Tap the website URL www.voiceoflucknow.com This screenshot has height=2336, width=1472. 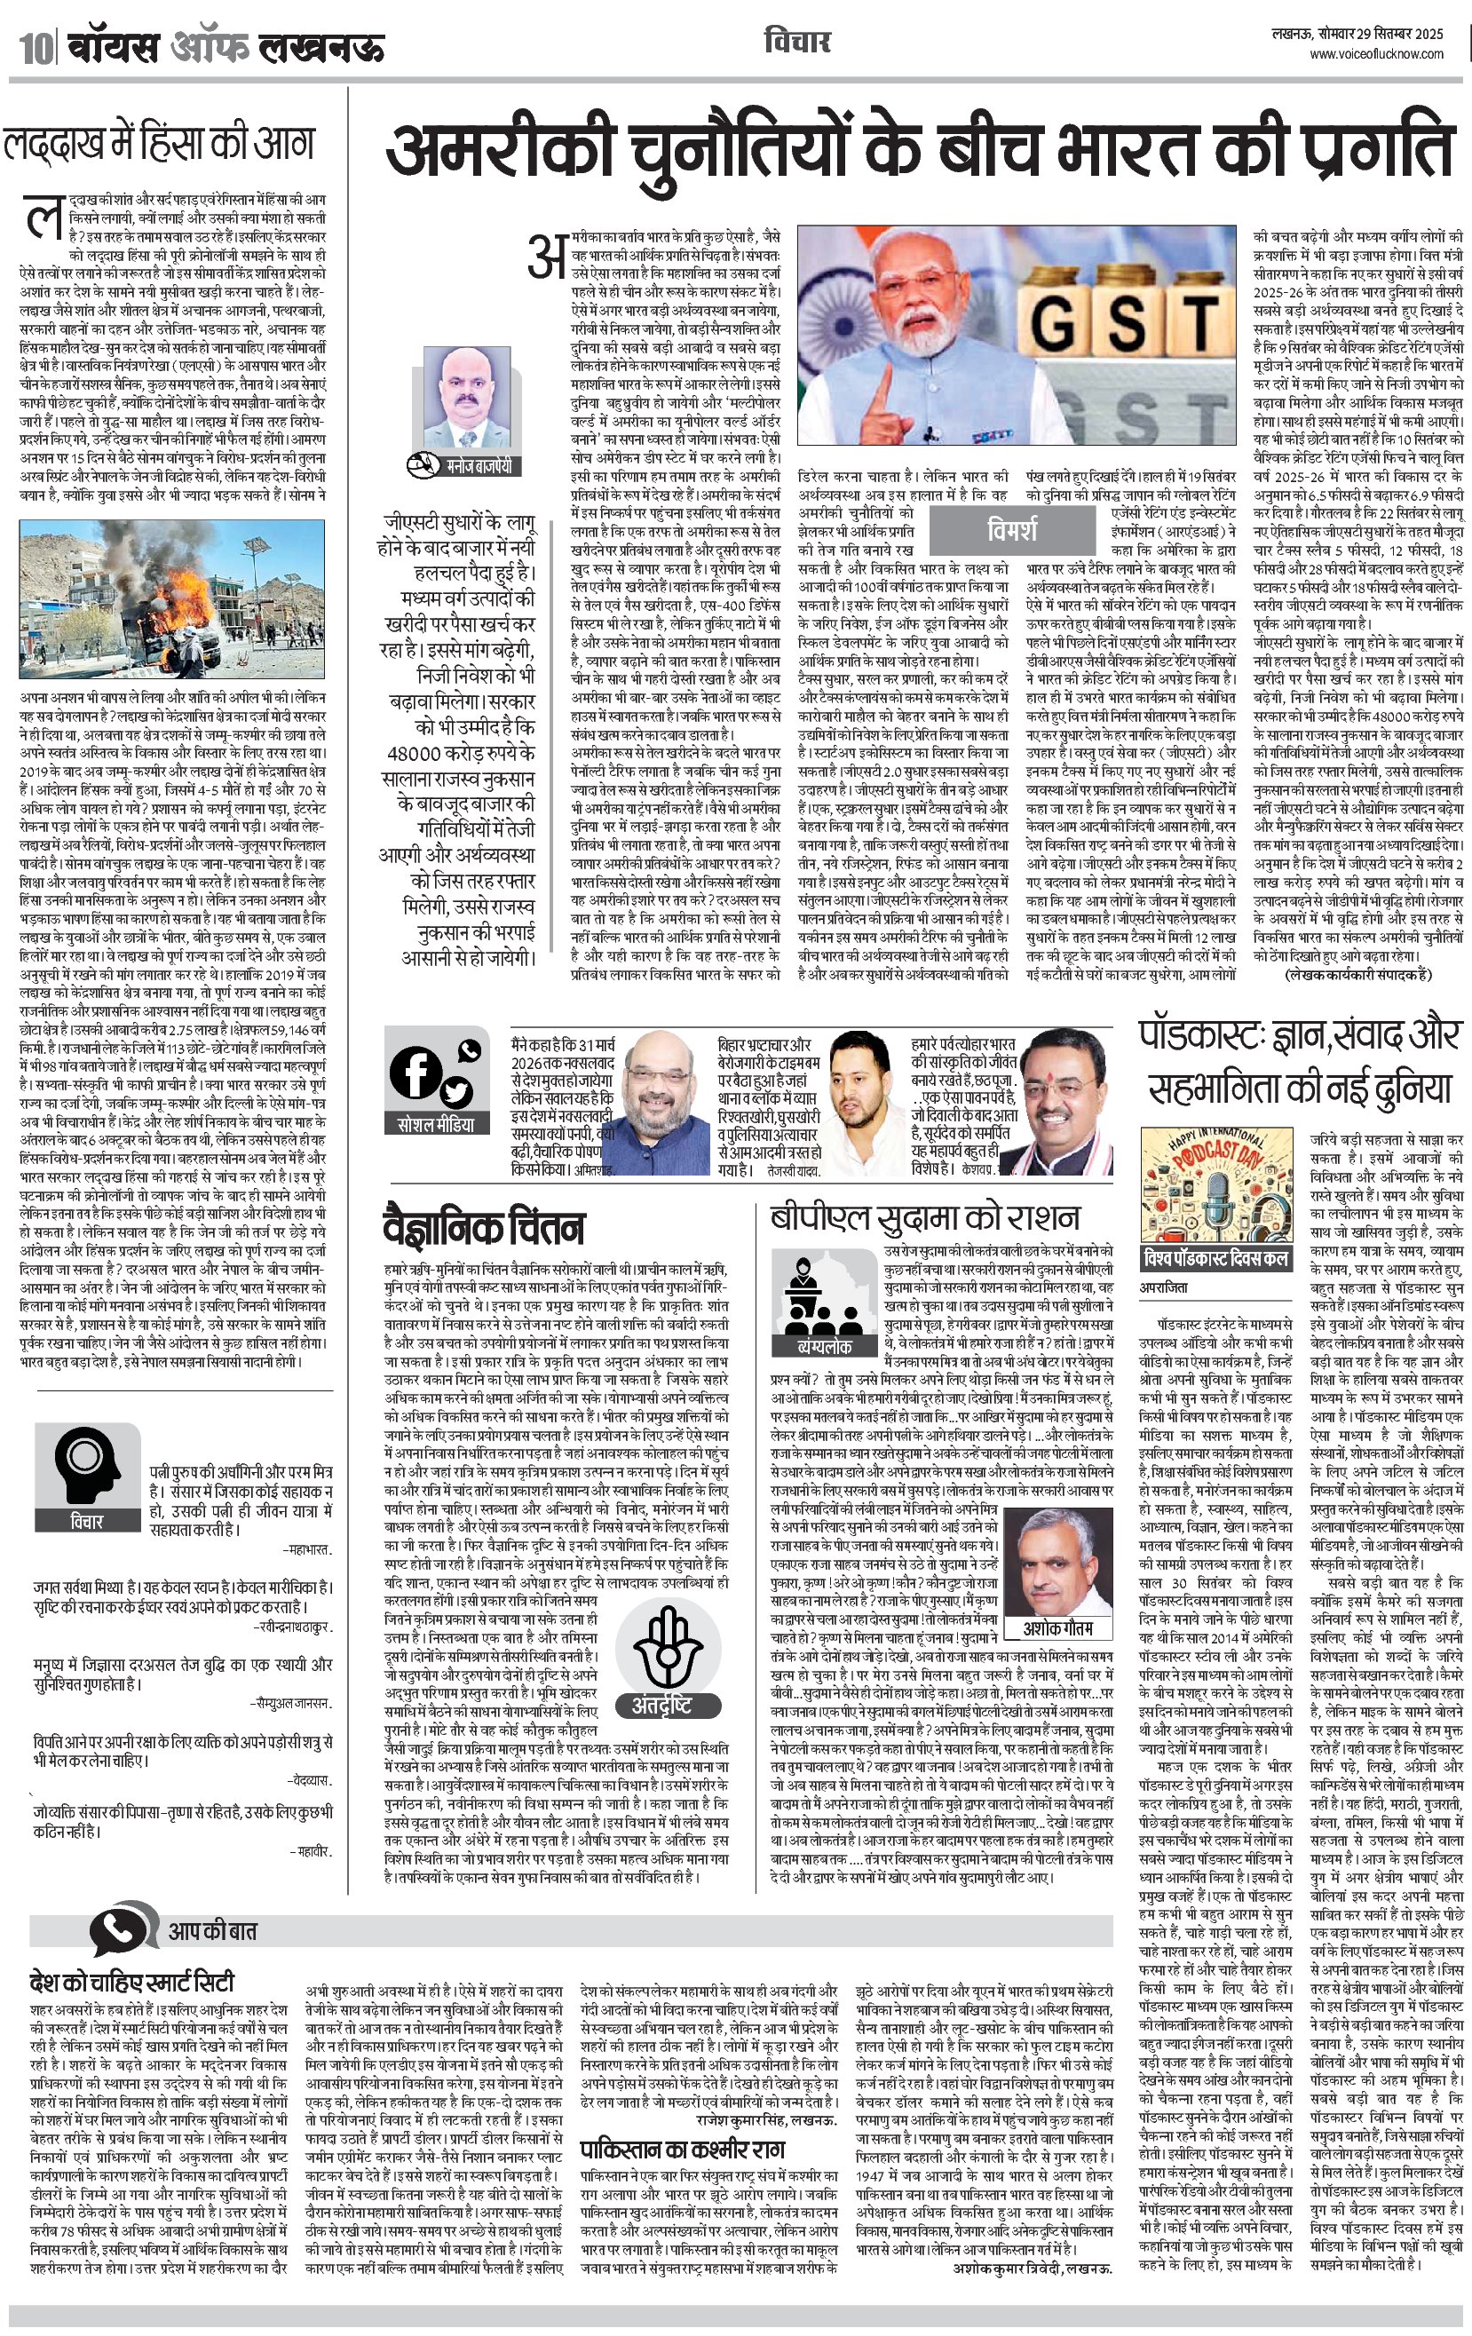(1376, 55)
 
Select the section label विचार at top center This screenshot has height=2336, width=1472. (796, 43)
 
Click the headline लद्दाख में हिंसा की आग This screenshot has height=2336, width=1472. (160, 144)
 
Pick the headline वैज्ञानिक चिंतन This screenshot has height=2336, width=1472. (484, 1228)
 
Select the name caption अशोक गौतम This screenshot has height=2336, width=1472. (1057, 1627)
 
